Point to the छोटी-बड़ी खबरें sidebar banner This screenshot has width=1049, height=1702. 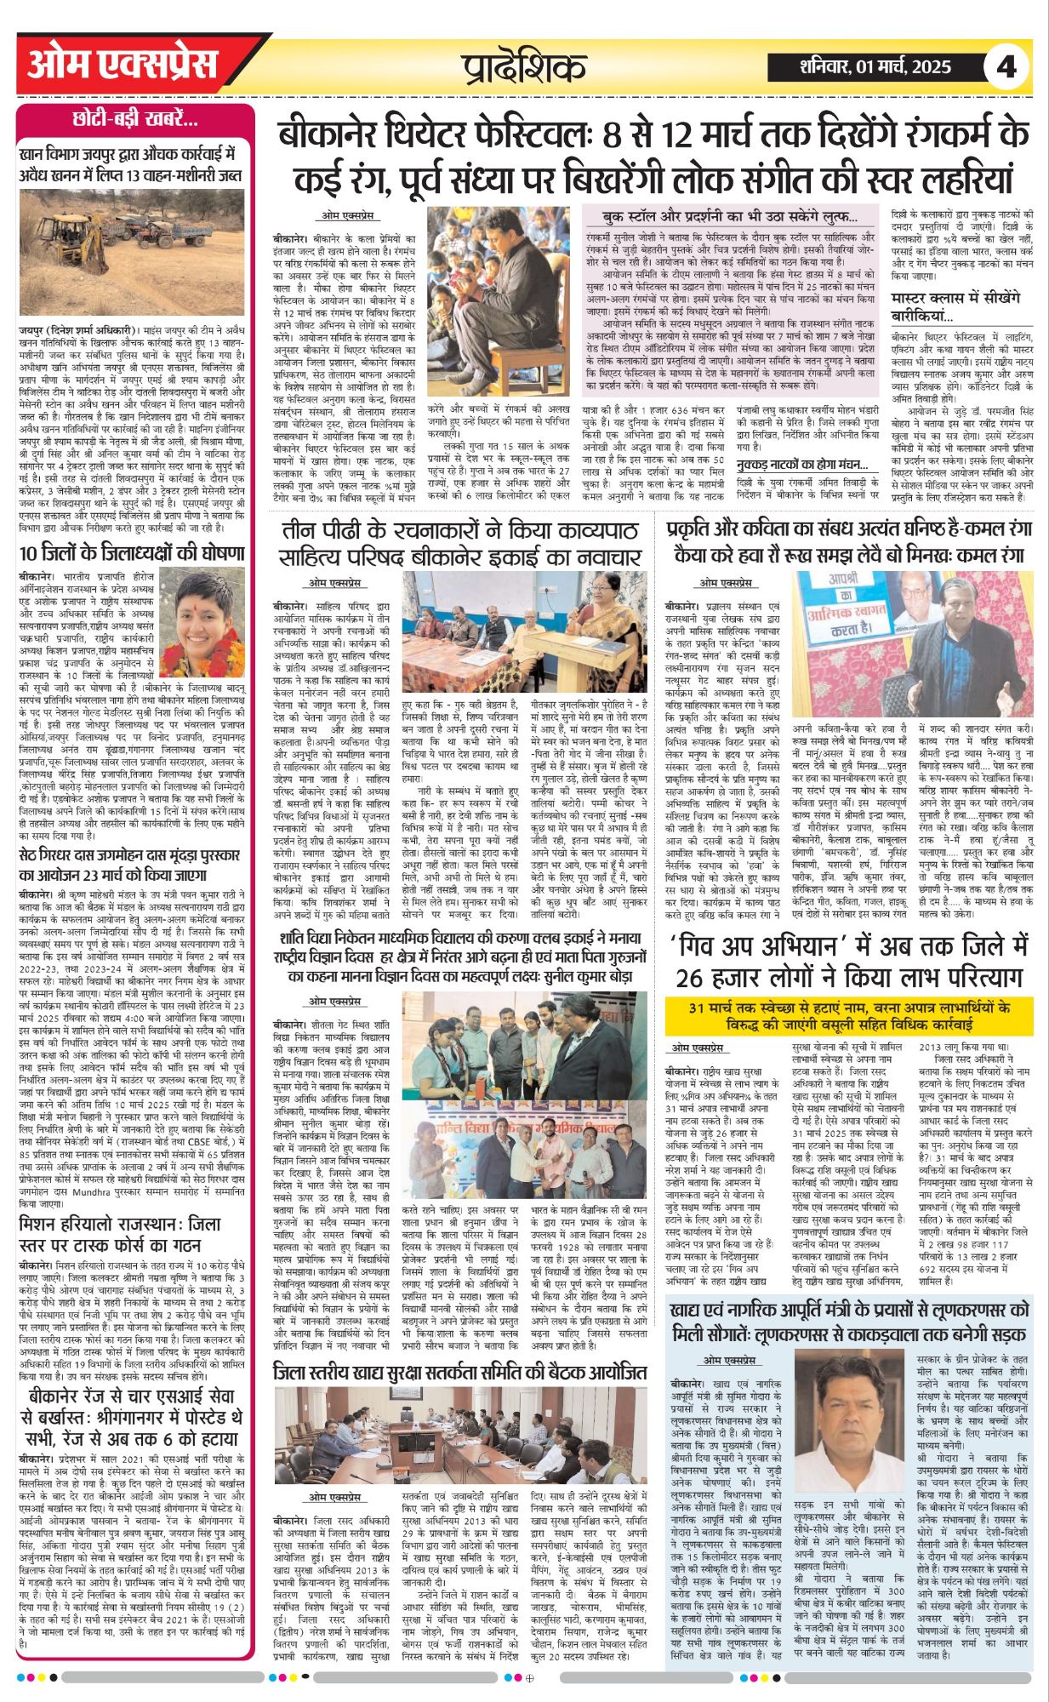pyautogui.click(x=135, y=119)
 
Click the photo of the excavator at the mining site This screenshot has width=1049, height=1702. pyautogui.click(x=134, y=253)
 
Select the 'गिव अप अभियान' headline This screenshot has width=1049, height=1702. pyautogui.click(x=849, y=961)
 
